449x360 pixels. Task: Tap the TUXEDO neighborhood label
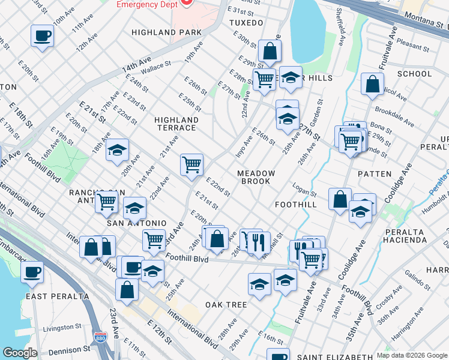246,23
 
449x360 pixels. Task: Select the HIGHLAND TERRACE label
175,124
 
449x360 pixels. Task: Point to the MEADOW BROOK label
256,178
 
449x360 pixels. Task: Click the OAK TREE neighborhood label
226,305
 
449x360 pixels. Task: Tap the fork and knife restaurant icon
259,241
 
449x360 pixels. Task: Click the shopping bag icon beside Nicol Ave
373,85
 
